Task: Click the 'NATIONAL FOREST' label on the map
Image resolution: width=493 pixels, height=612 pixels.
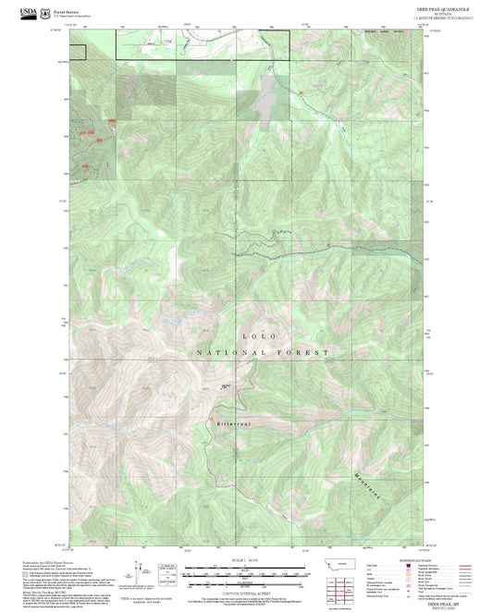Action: click(x=262, y=353)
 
